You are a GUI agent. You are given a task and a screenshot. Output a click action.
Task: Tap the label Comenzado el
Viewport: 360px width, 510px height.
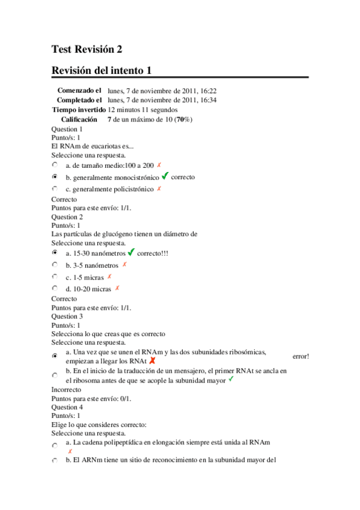79,90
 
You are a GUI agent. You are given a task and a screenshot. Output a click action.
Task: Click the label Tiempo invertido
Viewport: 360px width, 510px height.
79,110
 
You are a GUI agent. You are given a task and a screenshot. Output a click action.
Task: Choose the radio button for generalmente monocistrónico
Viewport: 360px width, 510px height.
55,177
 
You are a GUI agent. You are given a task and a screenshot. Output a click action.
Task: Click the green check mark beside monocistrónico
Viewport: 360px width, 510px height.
165,177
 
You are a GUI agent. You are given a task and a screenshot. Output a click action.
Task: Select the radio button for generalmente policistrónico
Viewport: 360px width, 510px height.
55,189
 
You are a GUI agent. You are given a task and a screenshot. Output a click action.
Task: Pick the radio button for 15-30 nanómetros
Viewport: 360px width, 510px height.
55,253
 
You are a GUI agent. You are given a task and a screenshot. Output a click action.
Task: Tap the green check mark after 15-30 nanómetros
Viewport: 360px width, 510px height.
132,253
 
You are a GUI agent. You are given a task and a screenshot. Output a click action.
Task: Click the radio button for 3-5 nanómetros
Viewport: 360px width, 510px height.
55,265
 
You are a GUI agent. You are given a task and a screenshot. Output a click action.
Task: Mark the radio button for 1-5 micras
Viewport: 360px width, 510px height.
55,277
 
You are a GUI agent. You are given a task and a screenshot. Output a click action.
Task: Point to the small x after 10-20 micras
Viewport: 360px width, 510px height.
117,288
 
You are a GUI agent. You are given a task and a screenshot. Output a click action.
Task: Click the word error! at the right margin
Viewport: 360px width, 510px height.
301,356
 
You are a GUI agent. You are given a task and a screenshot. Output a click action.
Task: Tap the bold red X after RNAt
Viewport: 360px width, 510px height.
152,361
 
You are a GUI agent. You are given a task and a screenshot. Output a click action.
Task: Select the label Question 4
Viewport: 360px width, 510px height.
67,407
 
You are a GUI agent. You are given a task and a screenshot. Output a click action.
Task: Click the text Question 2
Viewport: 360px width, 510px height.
67,217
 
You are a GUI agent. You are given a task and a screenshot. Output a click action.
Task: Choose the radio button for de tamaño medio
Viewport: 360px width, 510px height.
55,165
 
